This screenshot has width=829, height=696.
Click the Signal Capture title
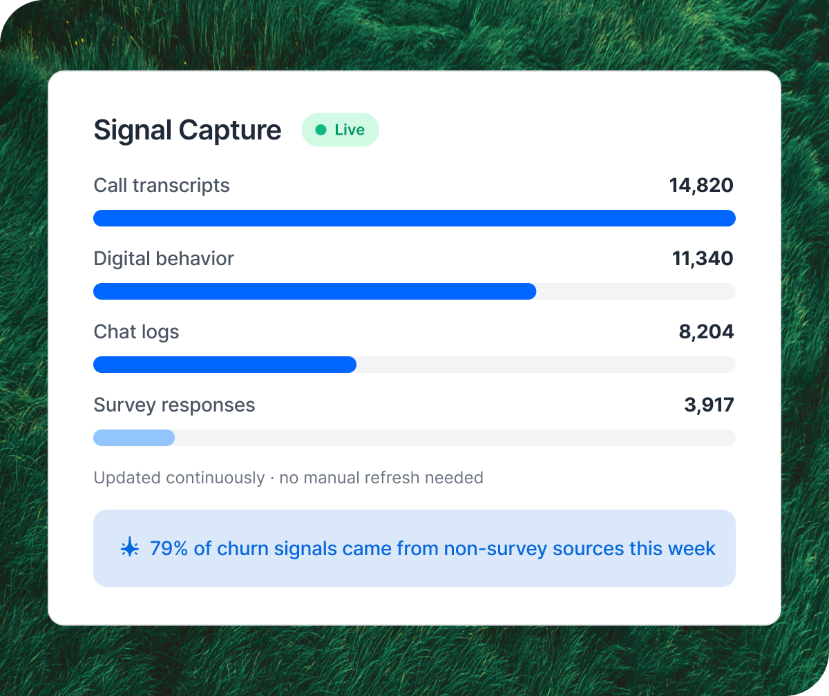coord(187,130)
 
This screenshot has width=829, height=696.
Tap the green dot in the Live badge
coord(321,130)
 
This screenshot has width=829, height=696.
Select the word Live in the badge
coord(350,130)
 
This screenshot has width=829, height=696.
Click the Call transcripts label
coord(162,186)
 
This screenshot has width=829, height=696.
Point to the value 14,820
coord(701,186)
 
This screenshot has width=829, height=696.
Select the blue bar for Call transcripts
coord(414,218)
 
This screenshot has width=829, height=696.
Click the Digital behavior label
coord(164,259)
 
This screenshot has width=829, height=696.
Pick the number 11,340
coord(703,259)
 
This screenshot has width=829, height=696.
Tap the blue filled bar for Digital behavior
coord(314,291)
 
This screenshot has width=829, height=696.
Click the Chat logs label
coord(136,332)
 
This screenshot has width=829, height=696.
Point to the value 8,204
coord(706,332)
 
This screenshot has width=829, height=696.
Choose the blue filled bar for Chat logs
coord(225,365)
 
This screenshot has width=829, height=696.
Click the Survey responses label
coord(174,405)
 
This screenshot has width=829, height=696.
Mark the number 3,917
coord(709,405)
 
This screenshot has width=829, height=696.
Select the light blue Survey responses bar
coord(134,438)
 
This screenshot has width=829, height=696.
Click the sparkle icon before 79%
coord(130,548)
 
